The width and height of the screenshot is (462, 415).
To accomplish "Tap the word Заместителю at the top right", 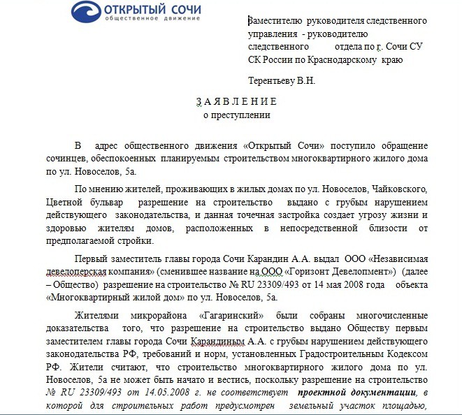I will [276, 20].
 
